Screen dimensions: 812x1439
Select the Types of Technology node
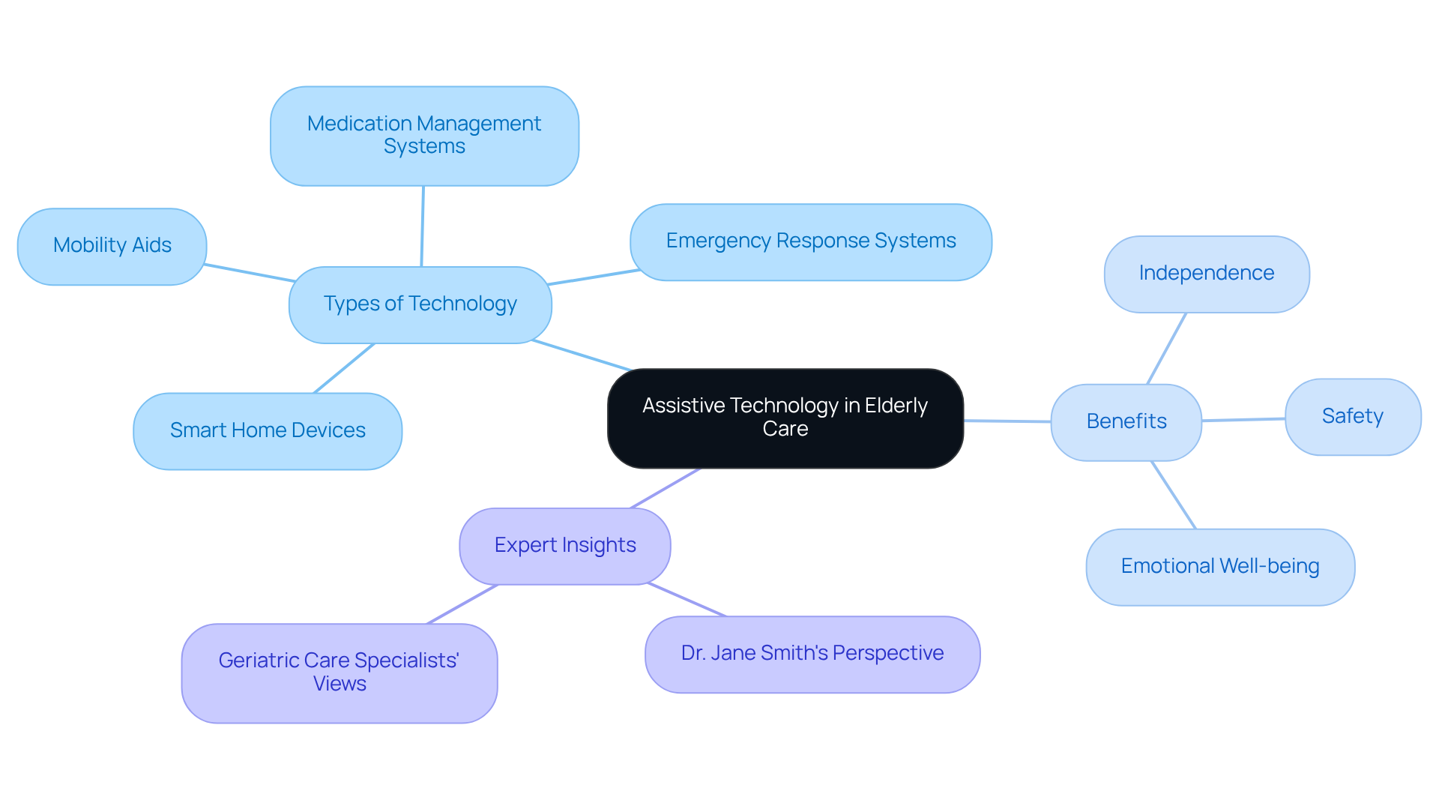tap(420, 304)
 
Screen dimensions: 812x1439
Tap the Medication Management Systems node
tap(424, 136)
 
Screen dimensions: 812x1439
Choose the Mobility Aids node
tap(112, 246)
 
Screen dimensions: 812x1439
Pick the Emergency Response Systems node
tap(810, 241)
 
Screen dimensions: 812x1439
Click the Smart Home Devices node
tap(267, 430)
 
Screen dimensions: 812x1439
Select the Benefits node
tap(1126, 421)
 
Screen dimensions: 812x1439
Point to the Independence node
tap(1206, 274)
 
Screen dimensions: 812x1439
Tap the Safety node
tap(1352, 416)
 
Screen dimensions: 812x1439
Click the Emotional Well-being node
tap(1219, 567)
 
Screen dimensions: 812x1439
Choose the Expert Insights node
tap(564, 546)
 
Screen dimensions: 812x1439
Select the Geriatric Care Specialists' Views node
tap(339, 673)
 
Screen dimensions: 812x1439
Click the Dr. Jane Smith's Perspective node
tap(812, 654)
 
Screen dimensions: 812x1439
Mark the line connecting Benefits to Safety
tap(1243, 420)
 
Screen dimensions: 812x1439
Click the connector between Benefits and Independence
tap(1166, 349)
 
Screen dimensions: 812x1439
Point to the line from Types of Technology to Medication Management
tap(423, 226)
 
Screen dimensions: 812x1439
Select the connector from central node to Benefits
tap(1007, 421)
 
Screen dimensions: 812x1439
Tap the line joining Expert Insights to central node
tap(666, 488)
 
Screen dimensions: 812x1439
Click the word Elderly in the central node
tap(896, 406)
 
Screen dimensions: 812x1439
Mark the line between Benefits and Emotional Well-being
tap(1173, 495)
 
